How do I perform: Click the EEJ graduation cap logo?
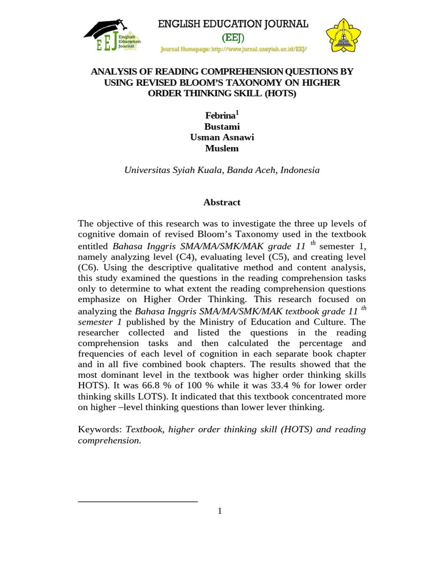(x=112, y=36)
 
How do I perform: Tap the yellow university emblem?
(x=344, y=35)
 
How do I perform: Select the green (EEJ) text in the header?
(x=233, y=37)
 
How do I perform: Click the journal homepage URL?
(x=233, y=49)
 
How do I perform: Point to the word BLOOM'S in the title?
(x=213, y=83)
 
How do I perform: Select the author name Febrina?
(x=220, y=116)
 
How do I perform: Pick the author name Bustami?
(x=222, y=126)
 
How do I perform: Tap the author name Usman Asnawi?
(x=222, y=138)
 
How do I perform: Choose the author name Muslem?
(x=222, y=148)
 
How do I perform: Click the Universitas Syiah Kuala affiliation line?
(x=222, y=170)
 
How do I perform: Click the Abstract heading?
(x=222, y=203)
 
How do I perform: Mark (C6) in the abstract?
(x=88, y=267)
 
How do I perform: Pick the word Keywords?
(x=100, y=429)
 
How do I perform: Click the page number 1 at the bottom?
(x=220, y=511)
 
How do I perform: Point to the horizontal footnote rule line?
(x=138, y=501)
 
